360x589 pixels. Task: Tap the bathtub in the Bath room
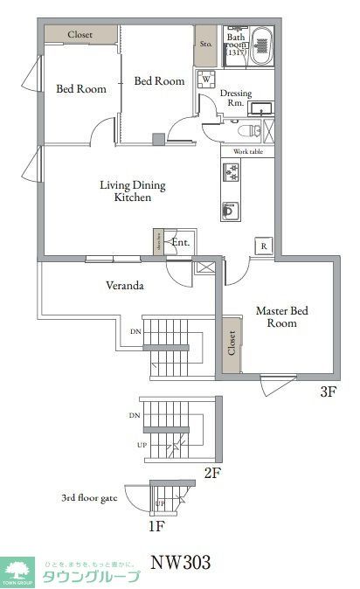(x=262, y=44)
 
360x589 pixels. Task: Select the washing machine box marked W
(x=206, y=79)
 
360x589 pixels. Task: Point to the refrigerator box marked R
(x=263, y=247)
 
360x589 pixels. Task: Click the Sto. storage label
(x=206, y=42)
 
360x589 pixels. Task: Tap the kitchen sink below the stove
(x=231, y=210)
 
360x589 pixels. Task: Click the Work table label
(x=247, y=152)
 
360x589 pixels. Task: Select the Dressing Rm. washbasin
(x=261, y=108)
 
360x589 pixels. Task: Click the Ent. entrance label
(x=181, y=242)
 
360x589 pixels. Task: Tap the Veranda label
(x=124, y=286)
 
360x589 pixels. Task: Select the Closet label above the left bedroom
(x=81, y=34)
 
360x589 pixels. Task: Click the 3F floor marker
(x=327, y=392)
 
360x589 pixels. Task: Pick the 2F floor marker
(x=211, y=473)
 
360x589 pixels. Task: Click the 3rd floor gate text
(x=89, y=498)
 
